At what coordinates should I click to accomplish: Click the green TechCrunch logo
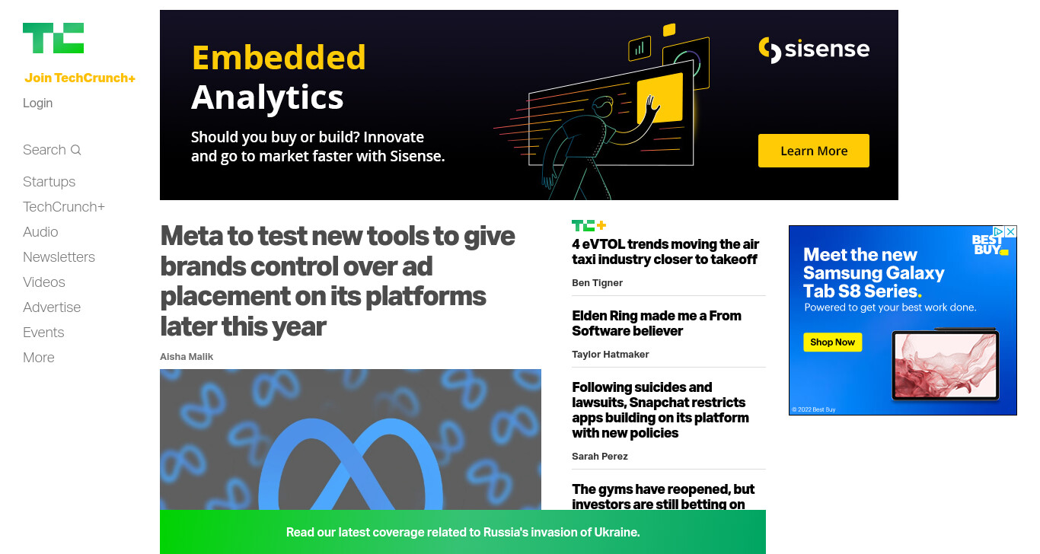coord(53,38)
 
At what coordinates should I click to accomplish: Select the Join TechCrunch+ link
coord(80,78)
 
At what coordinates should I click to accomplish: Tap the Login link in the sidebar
coord(37,103)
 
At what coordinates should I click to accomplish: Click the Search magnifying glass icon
coord(75,150)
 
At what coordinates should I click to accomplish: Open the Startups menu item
coord(49,181)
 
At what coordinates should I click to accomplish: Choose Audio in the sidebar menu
coord(40,231)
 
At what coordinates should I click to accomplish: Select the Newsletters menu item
coord(59,256)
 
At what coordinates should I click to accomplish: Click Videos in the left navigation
coord(43,282)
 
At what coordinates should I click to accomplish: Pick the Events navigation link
coord(43,333)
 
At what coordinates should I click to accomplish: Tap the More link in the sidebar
coord(39,357)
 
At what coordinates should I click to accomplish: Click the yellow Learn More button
coord(813,151)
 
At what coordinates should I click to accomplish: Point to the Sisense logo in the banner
coord(814,49)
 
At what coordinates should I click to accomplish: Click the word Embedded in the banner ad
coord(279,58)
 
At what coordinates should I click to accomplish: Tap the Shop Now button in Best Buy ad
coord(832,342)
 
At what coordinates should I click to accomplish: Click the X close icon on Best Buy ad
coord(1011,231)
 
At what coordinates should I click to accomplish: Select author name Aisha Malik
coord(187,356)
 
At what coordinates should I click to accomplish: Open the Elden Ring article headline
coord(656,323)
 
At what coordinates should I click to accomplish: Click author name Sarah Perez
coord(599,456)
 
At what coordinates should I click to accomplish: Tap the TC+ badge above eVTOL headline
coord(589,225)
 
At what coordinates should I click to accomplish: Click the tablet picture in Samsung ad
coord(946,365)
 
